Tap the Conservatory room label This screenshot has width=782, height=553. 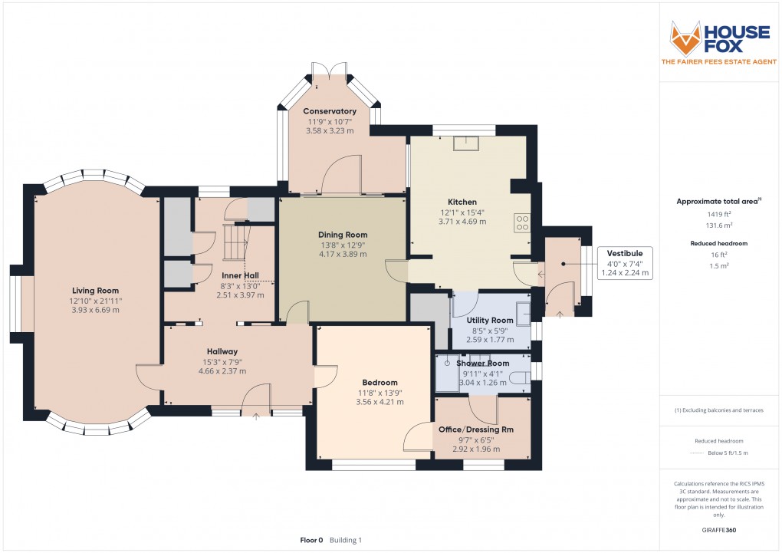click(x=330, y=111)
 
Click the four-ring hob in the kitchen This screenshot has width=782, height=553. click(x=523, y=222)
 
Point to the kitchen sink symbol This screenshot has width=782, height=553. click(x=464, y=143)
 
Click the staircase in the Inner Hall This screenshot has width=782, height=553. click(x=234, y=241)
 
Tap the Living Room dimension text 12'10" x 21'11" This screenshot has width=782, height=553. click(x=97, y=301)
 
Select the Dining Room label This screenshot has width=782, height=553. click(x=343, y=235)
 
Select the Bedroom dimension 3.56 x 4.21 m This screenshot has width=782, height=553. click(x=379, y=401)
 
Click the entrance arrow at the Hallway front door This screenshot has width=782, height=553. click(x=256, y=417)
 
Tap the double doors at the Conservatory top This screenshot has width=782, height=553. click(x=330, y=71)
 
